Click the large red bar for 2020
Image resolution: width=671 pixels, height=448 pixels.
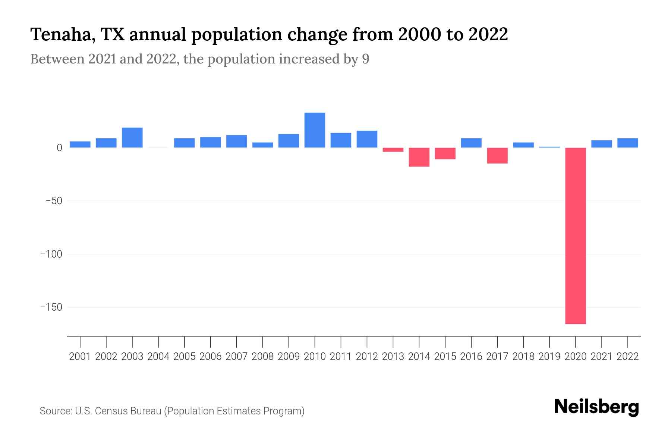(x=575, y=236)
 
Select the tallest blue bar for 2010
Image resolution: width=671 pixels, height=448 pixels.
(x=315, y=130)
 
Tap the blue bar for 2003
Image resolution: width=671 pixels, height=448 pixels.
(x=132, y=137)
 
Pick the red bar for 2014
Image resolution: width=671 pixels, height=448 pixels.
(x=419, y=157)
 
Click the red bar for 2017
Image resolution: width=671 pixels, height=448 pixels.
(x=497, y=155)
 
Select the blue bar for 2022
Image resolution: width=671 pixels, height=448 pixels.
(x=628, y=143)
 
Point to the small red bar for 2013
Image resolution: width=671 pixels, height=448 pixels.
(x=393, y=150)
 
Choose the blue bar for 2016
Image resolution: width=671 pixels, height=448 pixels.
(x=471, y=143)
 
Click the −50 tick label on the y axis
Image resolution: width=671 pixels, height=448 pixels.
(x=54, y=201)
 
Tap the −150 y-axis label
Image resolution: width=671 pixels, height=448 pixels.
(x=51, y=307)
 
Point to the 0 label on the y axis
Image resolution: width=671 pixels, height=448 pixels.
(x=59, y=148)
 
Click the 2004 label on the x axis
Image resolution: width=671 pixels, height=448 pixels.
(x=158, y=357)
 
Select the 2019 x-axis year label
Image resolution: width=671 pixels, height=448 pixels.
(x=549, y=357)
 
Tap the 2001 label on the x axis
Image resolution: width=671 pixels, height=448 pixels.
(x=80, y=357)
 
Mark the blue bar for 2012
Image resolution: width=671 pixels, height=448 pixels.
(x=367, y=139)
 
